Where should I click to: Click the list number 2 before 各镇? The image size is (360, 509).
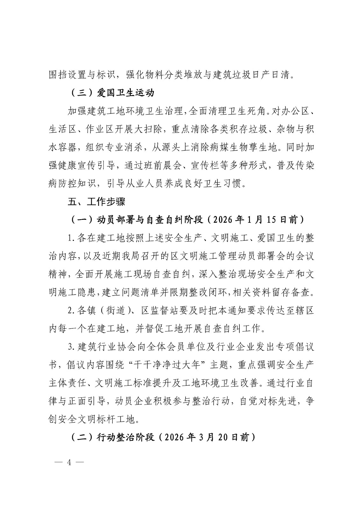71,310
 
